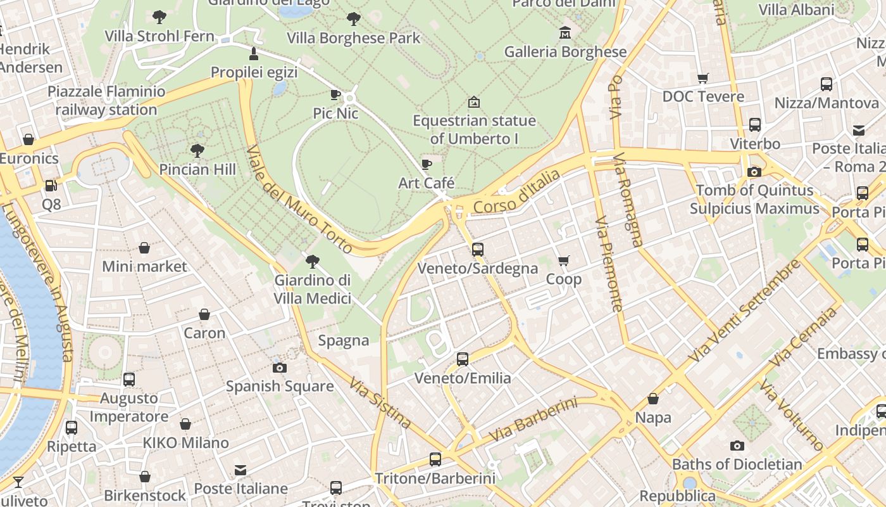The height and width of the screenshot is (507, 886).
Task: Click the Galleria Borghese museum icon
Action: point(565,32)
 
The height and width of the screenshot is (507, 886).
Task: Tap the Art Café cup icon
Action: point(427,165)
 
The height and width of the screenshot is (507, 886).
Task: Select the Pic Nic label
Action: point(335,113)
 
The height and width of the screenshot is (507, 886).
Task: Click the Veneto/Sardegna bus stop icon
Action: point(478,250)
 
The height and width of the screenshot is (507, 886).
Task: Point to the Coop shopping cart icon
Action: point(563,260)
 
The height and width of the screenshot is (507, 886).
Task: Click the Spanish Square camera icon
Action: point(279,368)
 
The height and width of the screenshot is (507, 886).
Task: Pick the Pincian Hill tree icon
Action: point(197,151)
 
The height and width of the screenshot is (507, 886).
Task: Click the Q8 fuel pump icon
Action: point(51,186)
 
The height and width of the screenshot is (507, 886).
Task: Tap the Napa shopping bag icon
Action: point(652,399)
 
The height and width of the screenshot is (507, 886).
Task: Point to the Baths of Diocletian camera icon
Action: point(737,446)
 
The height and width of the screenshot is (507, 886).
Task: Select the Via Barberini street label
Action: point(533,420)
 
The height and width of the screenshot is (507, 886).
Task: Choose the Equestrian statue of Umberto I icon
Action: point(473,102)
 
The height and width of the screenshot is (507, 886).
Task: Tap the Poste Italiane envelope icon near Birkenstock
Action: point(240,470)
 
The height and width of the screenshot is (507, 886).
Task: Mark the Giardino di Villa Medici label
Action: point(312,289)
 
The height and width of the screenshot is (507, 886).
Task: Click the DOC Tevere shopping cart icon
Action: point(702,78)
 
